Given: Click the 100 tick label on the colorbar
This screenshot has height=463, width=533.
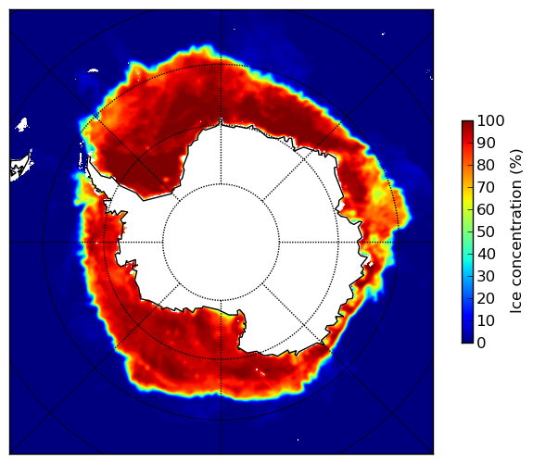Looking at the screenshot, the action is click(x=490, y=120).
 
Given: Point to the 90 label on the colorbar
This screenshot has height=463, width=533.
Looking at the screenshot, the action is click(x=486, y=143).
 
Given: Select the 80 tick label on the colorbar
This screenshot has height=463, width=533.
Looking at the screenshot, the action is click(x=486, y=166).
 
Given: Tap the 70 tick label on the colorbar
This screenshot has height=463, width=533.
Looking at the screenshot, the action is click(x=486, y=187).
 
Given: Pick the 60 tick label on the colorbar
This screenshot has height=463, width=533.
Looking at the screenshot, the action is click(x=486, y=209).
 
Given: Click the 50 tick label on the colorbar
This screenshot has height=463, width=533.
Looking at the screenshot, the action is click(x=486, y=232).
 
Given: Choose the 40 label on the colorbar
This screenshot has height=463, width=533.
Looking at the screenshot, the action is click(x=486, y=254).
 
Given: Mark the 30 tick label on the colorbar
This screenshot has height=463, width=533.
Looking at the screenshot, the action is click(x=486, y=277).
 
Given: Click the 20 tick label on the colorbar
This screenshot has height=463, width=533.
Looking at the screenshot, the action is click(x=486, y=298).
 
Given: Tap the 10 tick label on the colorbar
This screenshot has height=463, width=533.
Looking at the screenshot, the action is click(x=486, y=320).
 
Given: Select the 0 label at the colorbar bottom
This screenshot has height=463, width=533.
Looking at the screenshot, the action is click(x=482, y=344).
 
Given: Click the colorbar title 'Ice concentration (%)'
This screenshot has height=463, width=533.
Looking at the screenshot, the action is click(x=515, y=231).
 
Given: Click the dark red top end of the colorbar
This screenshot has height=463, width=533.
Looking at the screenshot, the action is click(x=467, y=123).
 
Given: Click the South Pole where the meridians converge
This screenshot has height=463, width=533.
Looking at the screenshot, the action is click(x=221, y=243).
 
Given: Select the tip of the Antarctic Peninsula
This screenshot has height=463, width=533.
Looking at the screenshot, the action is click(x=89, y=158).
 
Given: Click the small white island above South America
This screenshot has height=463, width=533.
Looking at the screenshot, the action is click(x=22, y=124).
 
